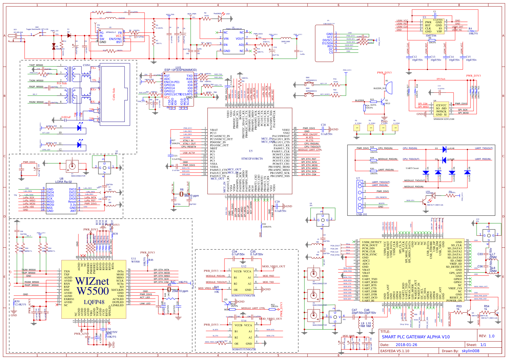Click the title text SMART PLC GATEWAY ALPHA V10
coord(416,337)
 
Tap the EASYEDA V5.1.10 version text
coord(395,351)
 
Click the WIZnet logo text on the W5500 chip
coord(92,281)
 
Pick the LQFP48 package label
coord(94,302)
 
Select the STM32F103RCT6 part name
coord(252,159)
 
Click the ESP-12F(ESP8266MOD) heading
coord(181,70)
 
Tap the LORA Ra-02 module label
coord(63,182)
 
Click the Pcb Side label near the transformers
coord(62,83)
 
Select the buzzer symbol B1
coord(388,88)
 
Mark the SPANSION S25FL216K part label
coord(444,119)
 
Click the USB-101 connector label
coord(362,214)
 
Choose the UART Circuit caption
coord(412,168)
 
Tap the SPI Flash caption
coord(441,79)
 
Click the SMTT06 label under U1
coord(431,36)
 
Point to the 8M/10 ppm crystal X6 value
coord(192,196)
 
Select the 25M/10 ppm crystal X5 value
coord(180,291)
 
